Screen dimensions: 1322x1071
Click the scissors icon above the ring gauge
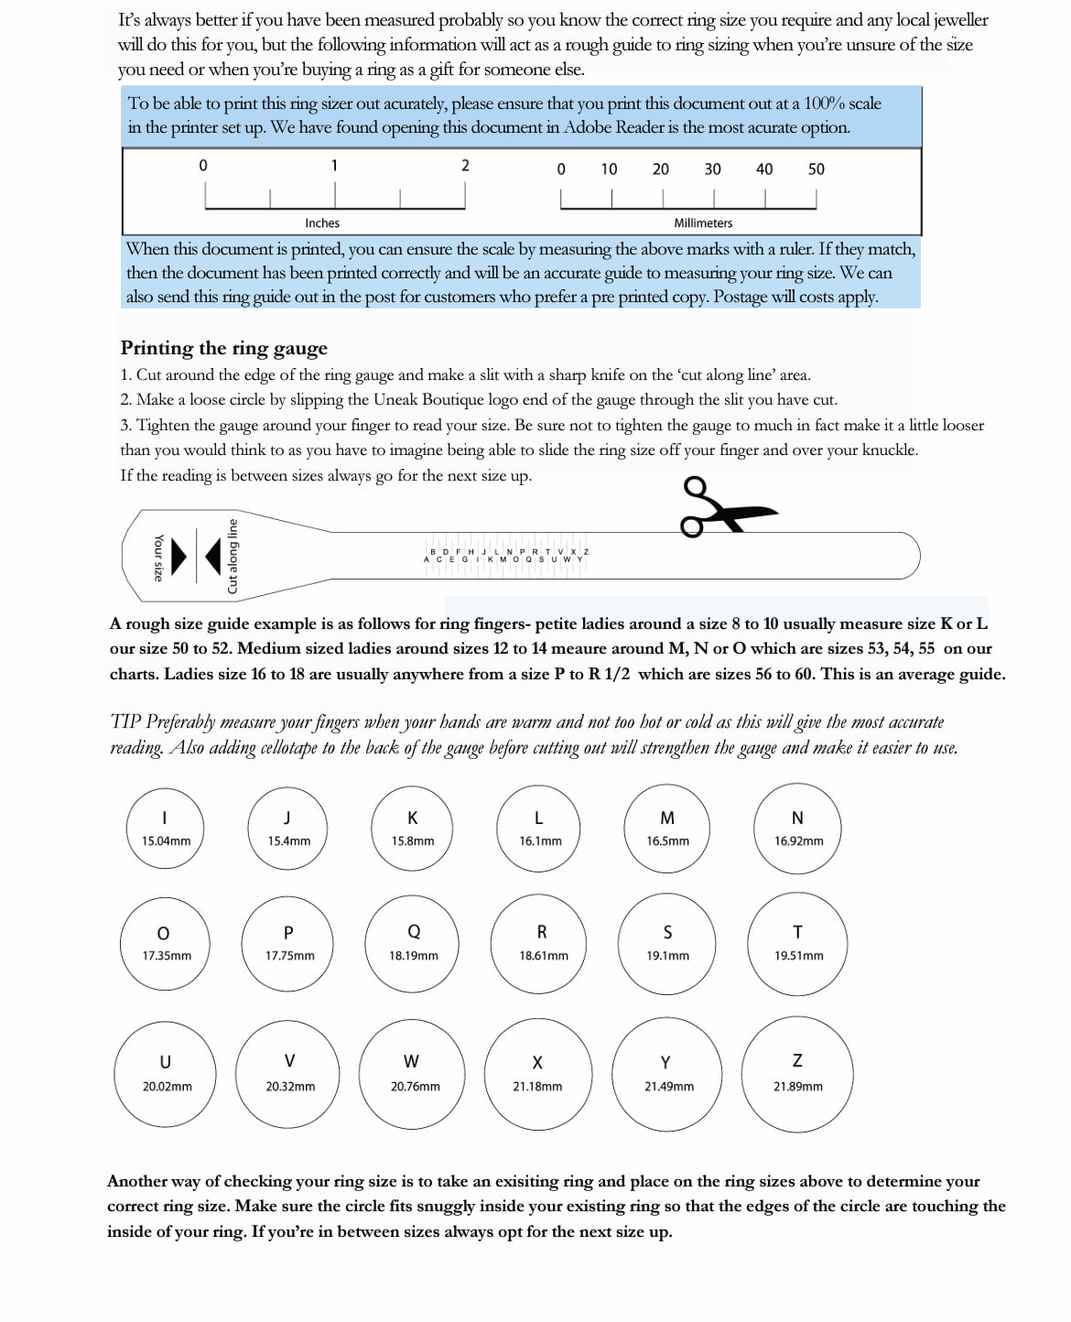point(726,507)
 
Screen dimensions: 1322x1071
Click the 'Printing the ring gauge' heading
point(223,348)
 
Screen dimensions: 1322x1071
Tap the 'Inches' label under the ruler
point(322,223)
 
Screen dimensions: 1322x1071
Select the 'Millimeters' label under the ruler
point(703,223)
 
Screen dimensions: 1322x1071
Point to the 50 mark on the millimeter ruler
point(817,169)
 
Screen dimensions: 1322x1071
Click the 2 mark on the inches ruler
point(465,166)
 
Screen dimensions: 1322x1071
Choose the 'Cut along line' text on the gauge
point(233,557)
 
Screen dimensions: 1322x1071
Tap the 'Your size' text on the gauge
point(158,557)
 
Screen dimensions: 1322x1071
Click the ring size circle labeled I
point(165,829)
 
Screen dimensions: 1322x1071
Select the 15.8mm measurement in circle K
point(413,841)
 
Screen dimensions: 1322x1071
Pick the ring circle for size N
point(797,829)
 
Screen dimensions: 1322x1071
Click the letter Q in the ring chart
point(414,932)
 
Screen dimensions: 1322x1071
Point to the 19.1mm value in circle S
point(668,956)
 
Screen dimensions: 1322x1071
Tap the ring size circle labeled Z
point(797,1074)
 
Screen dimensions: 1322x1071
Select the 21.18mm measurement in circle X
point(538,1087)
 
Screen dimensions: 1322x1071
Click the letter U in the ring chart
point(166,1062)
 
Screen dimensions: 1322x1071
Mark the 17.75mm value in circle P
point(290,956)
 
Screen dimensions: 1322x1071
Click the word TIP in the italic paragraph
point(124,721)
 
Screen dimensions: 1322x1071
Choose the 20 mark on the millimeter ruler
point(660,169)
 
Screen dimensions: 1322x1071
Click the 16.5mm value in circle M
point(668,841)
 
